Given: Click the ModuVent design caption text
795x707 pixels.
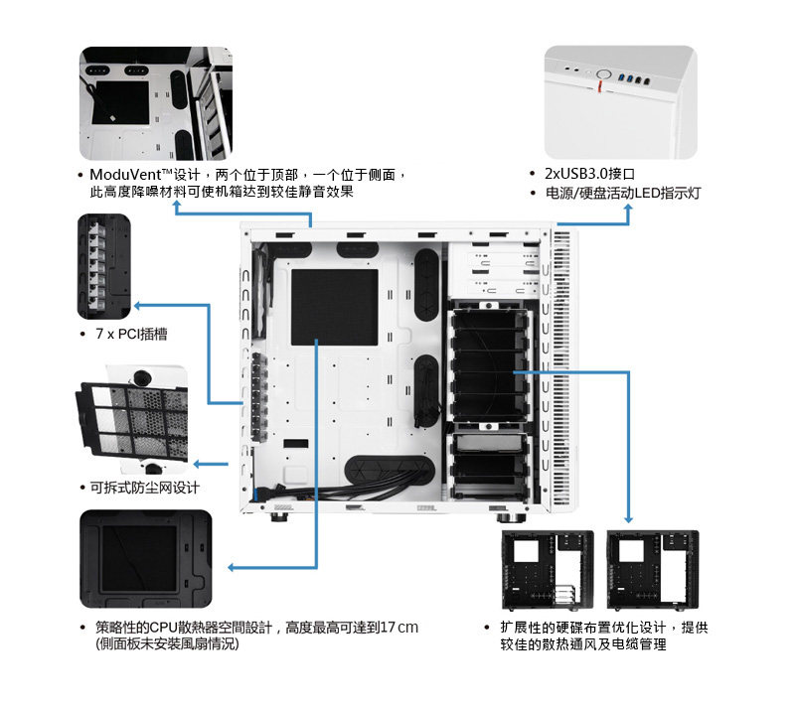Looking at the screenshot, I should point(243,182).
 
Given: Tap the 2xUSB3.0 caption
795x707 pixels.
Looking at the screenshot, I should point(589,173).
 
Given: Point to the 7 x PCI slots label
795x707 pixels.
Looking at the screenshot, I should point(130,335).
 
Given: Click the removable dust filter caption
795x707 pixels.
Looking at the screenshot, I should point(144,488).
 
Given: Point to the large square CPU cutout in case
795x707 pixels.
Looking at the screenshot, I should point(334,306).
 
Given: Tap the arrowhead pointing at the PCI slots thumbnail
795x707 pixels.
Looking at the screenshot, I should point(138,304).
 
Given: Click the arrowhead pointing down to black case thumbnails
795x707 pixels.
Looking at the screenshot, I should point(628,519).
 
